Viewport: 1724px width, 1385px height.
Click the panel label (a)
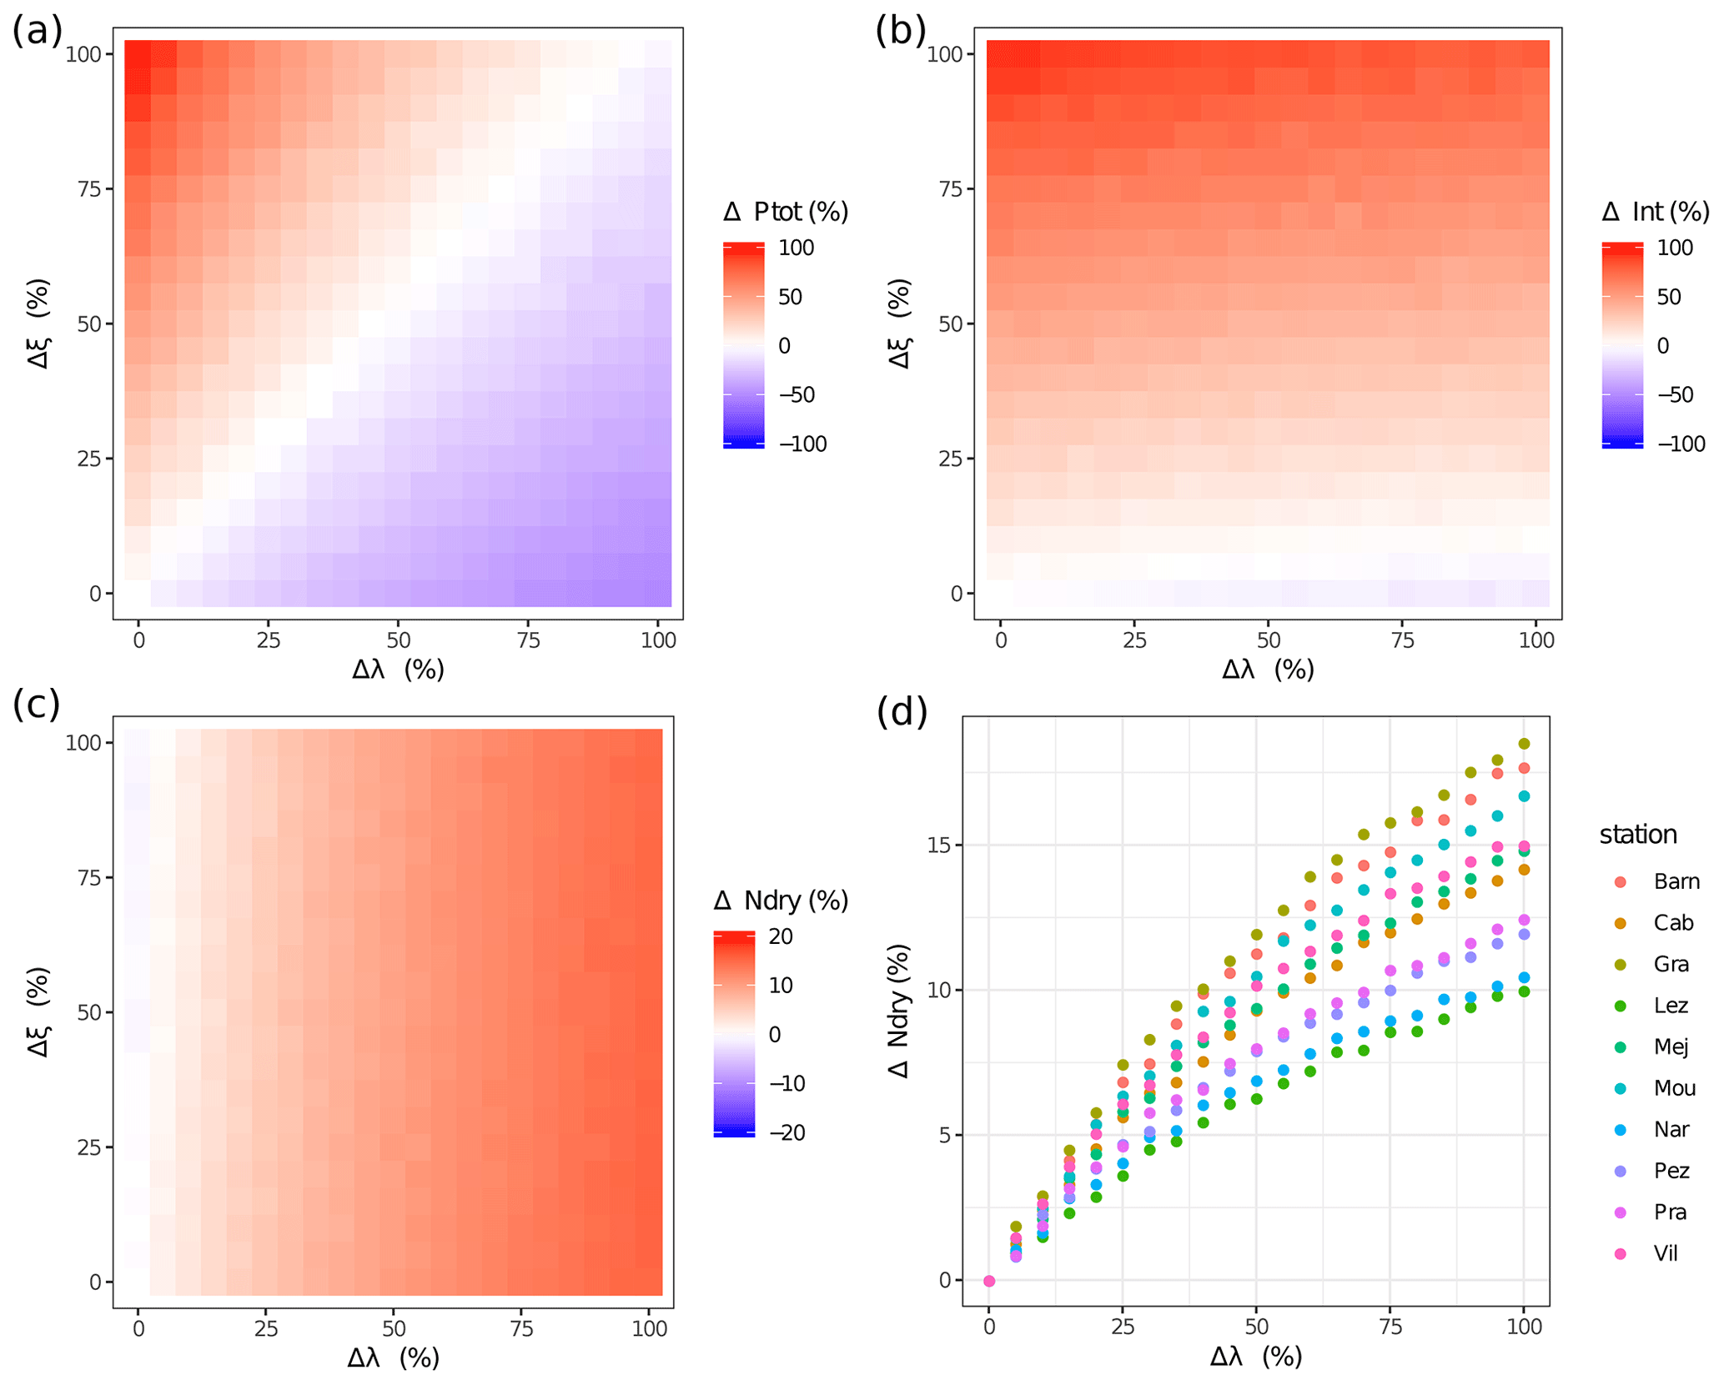pyautogui.click(x=37, y=32)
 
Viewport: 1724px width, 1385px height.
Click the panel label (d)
pyautogui.click(x=901, y=712)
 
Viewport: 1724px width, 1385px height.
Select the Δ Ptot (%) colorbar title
pyautogui.click(x=785, y=212)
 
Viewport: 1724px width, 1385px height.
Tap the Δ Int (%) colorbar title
pyautogui.click(x=1655, y=212)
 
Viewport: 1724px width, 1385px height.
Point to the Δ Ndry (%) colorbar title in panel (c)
pyautogui.click(x=781, y=901)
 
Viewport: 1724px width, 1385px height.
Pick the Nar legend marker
pyautogui.click(x=1620, y=1130)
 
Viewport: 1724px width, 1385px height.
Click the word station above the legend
pyautogui.click(x=1637, y=835)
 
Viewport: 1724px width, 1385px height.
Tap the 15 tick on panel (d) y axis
pyautogui.click(x=940, y=845)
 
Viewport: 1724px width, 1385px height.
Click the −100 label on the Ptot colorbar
pyautogui.click(x=802, y=444)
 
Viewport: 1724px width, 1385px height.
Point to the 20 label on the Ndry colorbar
pyautogui.click(x=781, y=936)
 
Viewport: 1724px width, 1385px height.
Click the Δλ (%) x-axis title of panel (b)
pyautogui.click(x=1268, y=669)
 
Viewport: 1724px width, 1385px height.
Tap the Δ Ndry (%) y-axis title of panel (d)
pyautogui.click(x=899, y=1011)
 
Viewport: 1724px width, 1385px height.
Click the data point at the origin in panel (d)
pyautogui.click(x=989, y=1281)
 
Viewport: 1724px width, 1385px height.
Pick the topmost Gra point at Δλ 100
pyautogui.click(x=1524, y=744)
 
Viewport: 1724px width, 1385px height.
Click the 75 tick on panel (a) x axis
pyautogui.click(x=529, y=640)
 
